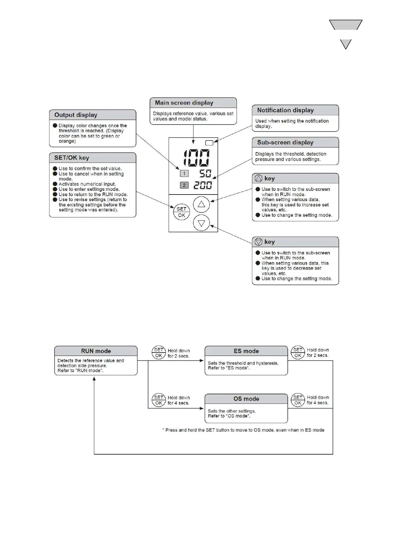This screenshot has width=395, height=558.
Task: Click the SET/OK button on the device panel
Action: click(182, 212)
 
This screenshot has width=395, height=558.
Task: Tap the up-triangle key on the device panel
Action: click(201, 204)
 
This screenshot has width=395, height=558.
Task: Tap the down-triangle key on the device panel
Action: click(201, 223)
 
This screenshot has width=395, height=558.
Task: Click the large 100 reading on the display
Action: click(197, 158)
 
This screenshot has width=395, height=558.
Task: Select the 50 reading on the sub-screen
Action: click(205, 173)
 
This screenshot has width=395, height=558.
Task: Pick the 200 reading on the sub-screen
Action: click(202, 185)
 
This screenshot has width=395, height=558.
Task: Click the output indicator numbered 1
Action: click(184, 173)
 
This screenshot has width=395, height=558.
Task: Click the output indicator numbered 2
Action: click(184, 185)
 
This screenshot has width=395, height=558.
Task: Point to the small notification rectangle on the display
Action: click(209, 143)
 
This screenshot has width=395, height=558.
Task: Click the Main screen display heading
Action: click(184, 103)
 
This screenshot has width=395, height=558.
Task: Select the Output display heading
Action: click(76, 115)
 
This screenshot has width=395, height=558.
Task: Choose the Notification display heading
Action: click(285, 110)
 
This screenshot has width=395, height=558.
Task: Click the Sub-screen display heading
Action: click(285, 142)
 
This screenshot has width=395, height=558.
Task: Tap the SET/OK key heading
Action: click(72, 158)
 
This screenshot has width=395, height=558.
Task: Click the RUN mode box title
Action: click(96, 351)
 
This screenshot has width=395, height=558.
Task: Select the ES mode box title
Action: click(246, 351)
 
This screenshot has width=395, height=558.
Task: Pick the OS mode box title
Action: click(246, 399)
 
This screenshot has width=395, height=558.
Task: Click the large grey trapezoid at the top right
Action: click(346, 25)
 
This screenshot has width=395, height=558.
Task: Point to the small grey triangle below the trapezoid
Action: click(346, 43)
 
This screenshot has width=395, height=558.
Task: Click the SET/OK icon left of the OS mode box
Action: click(159, 400)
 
